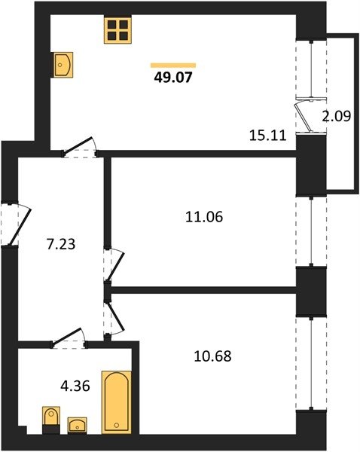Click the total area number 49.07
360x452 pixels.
173,78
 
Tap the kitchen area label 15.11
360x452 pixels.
268,135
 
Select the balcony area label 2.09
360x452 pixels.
337,116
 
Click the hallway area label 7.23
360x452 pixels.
61,244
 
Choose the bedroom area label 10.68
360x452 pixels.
212,356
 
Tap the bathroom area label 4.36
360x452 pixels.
75,386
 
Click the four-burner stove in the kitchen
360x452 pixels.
117,30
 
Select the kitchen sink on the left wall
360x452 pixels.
62,65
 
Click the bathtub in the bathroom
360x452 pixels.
117,402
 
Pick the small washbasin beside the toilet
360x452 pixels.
78,425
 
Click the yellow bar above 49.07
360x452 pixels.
173,66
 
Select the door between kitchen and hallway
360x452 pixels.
80,147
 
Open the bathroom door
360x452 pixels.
69,337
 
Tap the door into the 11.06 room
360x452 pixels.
114,264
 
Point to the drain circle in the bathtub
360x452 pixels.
117,425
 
